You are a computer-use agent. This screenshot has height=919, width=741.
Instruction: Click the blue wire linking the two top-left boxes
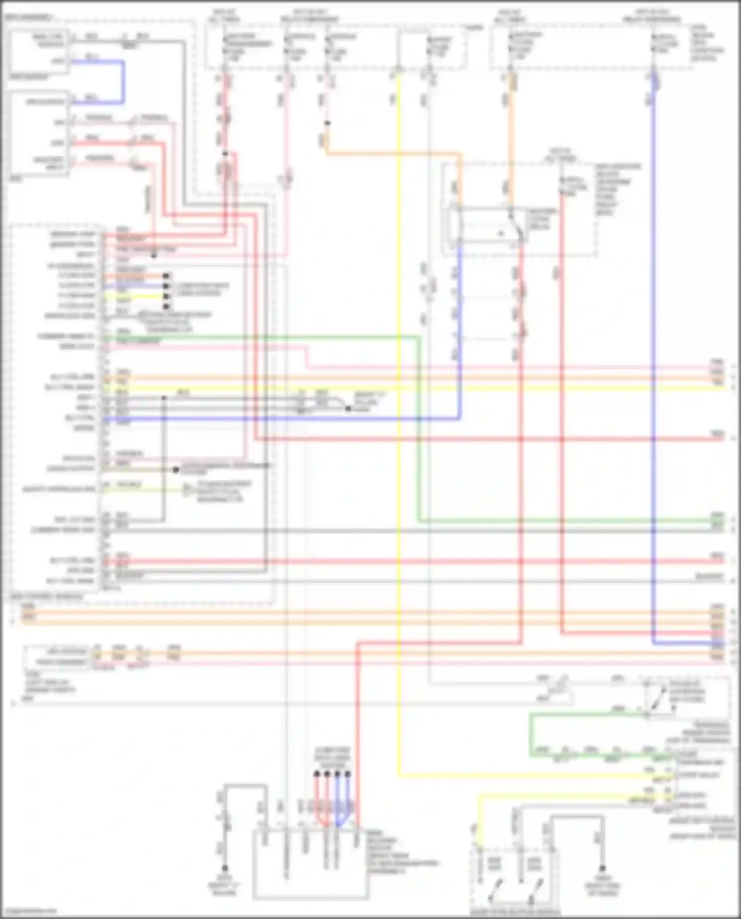(123, 81)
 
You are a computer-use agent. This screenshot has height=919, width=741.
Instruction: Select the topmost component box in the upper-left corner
(40, 51)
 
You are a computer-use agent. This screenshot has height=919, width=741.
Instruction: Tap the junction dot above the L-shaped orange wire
(327, 123)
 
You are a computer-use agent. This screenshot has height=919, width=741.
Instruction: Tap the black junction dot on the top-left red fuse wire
(225, 154)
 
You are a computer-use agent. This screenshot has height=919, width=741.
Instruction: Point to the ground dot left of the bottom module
(225, 868)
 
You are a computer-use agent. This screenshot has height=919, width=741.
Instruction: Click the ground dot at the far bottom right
(602, 868)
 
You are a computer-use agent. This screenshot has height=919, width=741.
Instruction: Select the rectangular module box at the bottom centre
(310, 864)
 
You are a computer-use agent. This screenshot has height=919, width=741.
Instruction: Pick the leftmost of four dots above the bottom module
(317, 774)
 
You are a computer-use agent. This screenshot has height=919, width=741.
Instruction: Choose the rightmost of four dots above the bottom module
(348, 774)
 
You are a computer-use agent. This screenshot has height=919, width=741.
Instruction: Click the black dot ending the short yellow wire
(166, 296)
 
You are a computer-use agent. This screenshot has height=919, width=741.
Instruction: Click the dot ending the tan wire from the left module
(176, 470)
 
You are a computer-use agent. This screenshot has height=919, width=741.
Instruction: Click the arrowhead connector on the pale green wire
(187, 489)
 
